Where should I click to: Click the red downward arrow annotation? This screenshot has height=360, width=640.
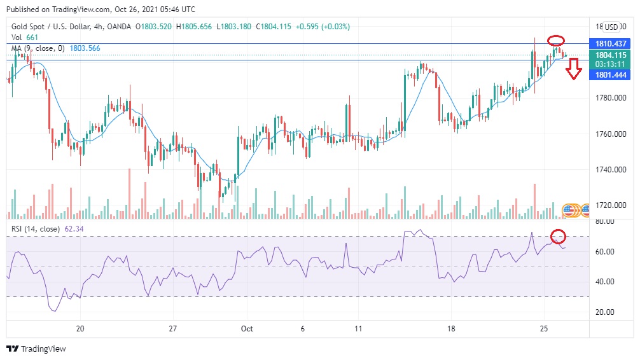(x=574, y=69)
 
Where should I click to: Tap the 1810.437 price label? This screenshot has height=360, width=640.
(x=611, y=43)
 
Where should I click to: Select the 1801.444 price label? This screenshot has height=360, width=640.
(x=611, y=75)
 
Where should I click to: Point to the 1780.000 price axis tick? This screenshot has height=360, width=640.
(x=611, y=98)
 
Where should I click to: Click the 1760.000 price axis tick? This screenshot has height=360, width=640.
(x=611, y=134)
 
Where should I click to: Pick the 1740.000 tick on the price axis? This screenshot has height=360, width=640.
(x=611, y=170)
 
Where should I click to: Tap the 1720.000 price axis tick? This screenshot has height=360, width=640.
(x=611, y=205)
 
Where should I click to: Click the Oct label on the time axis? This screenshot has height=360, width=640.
(x=247, y=329)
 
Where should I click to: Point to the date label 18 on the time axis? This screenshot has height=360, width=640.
(x=451, y=329)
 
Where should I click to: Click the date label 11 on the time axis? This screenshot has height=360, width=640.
(x=359, y=329)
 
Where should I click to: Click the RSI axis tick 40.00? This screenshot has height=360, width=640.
(x=604, y=282)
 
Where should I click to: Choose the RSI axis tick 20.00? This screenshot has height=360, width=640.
(x=604, y=312)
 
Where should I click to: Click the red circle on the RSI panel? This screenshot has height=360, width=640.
(x=558, y=237)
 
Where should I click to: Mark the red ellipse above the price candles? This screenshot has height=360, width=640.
(x=557, y=41)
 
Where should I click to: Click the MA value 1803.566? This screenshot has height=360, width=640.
(x=85, y=48)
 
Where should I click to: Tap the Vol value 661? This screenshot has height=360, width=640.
(x=32, y=38)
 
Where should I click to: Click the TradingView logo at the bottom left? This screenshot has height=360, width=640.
(x=36, y=349)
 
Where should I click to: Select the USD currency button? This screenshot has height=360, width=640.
(x=611, y=27)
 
